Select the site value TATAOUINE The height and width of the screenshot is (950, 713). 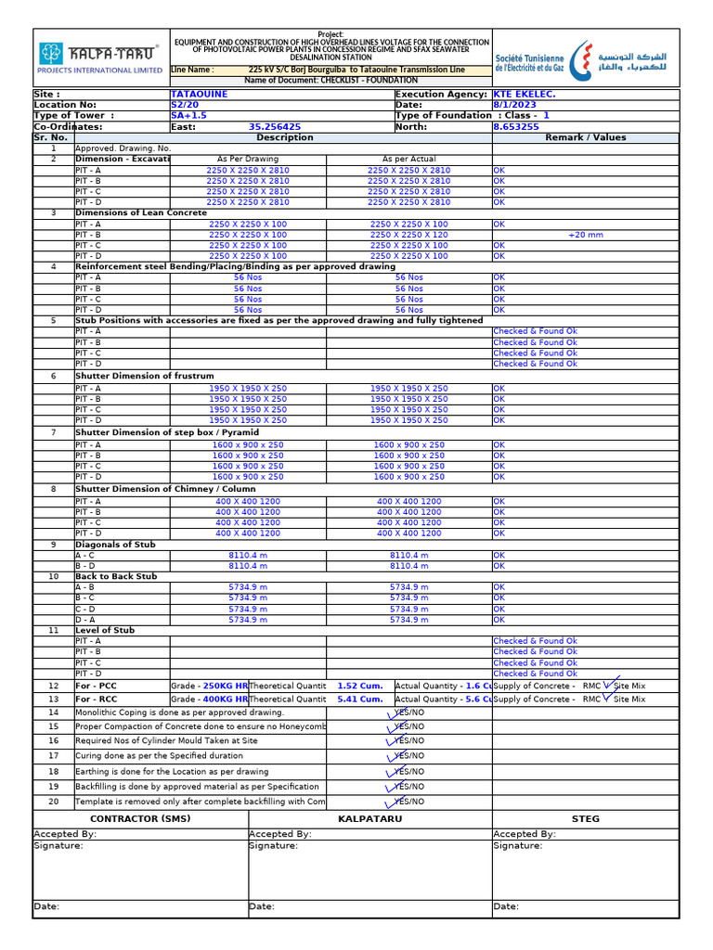tap(199, 95)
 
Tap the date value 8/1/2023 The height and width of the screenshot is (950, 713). tap(514, 105)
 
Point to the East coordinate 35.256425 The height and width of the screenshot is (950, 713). tap(274, 127)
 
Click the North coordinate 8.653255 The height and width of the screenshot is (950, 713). tap(515, 127)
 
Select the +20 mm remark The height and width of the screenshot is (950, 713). tap(585, 235)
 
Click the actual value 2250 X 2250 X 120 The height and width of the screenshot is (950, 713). tap(408, 235)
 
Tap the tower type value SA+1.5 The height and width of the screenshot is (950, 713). tap(188, 116)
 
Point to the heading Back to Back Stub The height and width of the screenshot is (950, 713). tap(116, 576)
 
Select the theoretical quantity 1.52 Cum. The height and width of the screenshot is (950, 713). tap(359, 686)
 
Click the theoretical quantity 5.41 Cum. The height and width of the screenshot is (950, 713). tap(359, 700)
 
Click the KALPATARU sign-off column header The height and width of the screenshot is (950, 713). tap(369, 819)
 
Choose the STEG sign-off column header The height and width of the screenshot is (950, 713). tap(585, 819)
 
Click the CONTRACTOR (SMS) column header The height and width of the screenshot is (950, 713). tap(140, 819)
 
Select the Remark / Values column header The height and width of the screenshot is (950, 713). tap(585, 137)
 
